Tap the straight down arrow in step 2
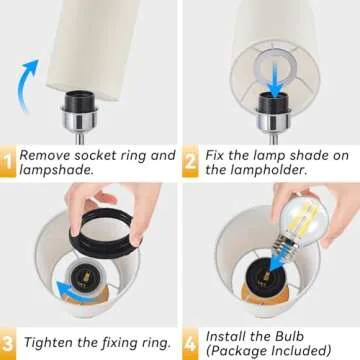click(274, 80)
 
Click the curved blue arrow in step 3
click(72, 292)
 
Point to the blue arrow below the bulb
click(278, 261)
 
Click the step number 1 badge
click(7, 161)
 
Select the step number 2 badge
click(190, 161)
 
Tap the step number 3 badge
click(7, 343)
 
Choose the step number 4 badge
click(190, 343)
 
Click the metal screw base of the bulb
click(282, 245)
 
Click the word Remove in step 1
click(44, 156)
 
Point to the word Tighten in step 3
click(48, 343)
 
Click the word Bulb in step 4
click(290, 336)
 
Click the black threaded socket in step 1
click(79, 101)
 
